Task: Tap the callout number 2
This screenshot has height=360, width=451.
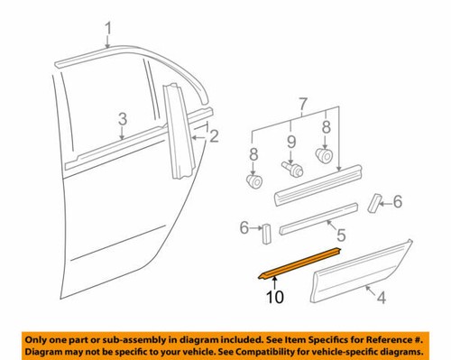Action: click(x=214, y=136)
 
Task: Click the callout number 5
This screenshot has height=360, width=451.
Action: click(x=340, y=236)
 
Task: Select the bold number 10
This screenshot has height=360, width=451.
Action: click(x=275, y=294)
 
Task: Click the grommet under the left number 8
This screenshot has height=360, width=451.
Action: click(x=255, y=183)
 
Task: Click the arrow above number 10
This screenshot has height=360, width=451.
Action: click(x=275, y=279)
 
